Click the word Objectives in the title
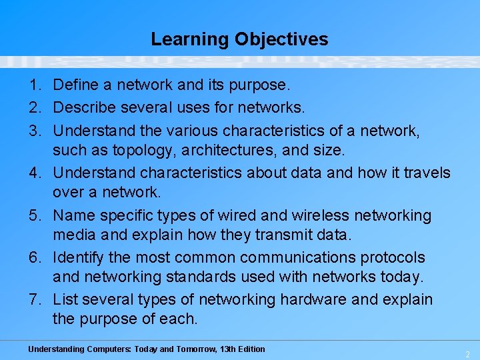tap(281, 39)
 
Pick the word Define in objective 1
tap(73, 85)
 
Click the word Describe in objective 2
tap(83, 107)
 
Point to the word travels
tap(425, 173)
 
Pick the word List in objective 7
tap(64, 300)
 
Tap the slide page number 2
tap(467, 354)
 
